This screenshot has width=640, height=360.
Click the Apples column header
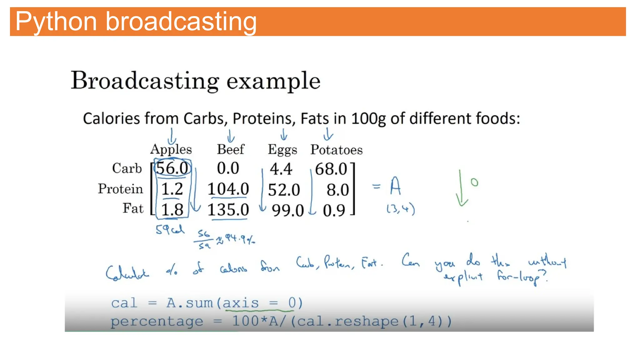(x=171, y=149)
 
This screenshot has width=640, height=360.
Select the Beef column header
(x=231, y=149)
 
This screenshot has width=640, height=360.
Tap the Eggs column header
(x=282, y=150)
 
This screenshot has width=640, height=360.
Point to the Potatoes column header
(x=336, y=150)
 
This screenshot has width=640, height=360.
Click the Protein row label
(x=120, y=189)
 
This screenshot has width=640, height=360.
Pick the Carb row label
(x=127, y=168)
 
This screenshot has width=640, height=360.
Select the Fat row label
(x=133, y=208)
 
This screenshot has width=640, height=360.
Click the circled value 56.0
(x=172, y=168)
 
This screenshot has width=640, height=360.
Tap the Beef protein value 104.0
(x=228, y=189)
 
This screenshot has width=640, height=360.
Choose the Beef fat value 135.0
(x=228, y=210)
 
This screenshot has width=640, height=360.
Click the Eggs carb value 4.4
(x=281, y=169)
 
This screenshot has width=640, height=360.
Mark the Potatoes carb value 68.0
(x=331, y=169)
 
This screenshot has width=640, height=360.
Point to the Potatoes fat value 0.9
(x=334, y=210)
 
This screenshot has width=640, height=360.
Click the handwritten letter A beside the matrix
(x=395, y=186)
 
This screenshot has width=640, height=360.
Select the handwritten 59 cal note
(x=170, y=230)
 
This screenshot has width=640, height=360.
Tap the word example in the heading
(x=273, y=81)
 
